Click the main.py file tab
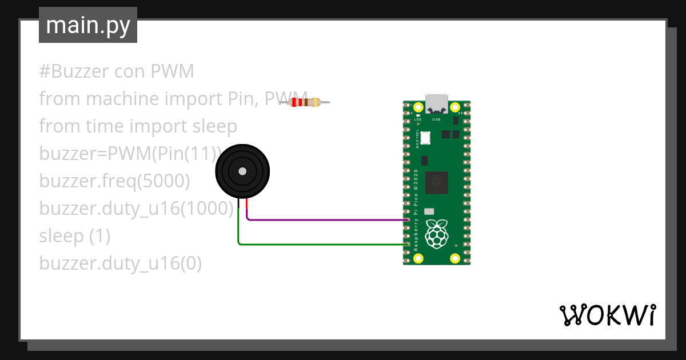[87, 25]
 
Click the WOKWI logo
[607, 315]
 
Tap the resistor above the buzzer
[308, 102]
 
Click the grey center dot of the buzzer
[242, 171]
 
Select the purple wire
[326, 219]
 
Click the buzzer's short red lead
[246, 205]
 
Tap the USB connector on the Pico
[436, 103]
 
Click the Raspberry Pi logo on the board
[437, 234]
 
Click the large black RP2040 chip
[436, 182]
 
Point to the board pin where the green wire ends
[408, 245]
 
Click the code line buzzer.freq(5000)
[114, 181]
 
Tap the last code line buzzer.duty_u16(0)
[120, 263]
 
